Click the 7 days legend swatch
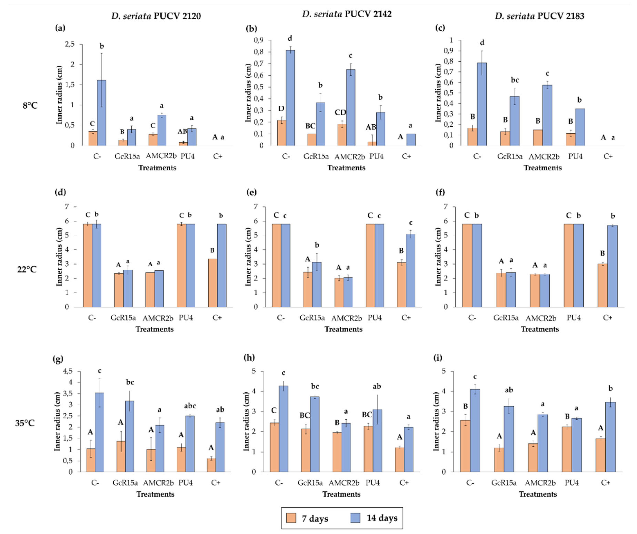coord(291,518)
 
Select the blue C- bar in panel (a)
coord(102,113)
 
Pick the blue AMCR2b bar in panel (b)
coord(351,107)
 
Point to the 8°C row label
coord(30,106)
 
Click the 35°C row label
coord(25,423)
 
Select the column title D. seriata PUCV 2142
coord(347,14)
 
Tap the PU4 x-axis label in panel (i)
coord(571,482)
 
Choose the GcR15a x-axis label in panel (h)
coord(310,482)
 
